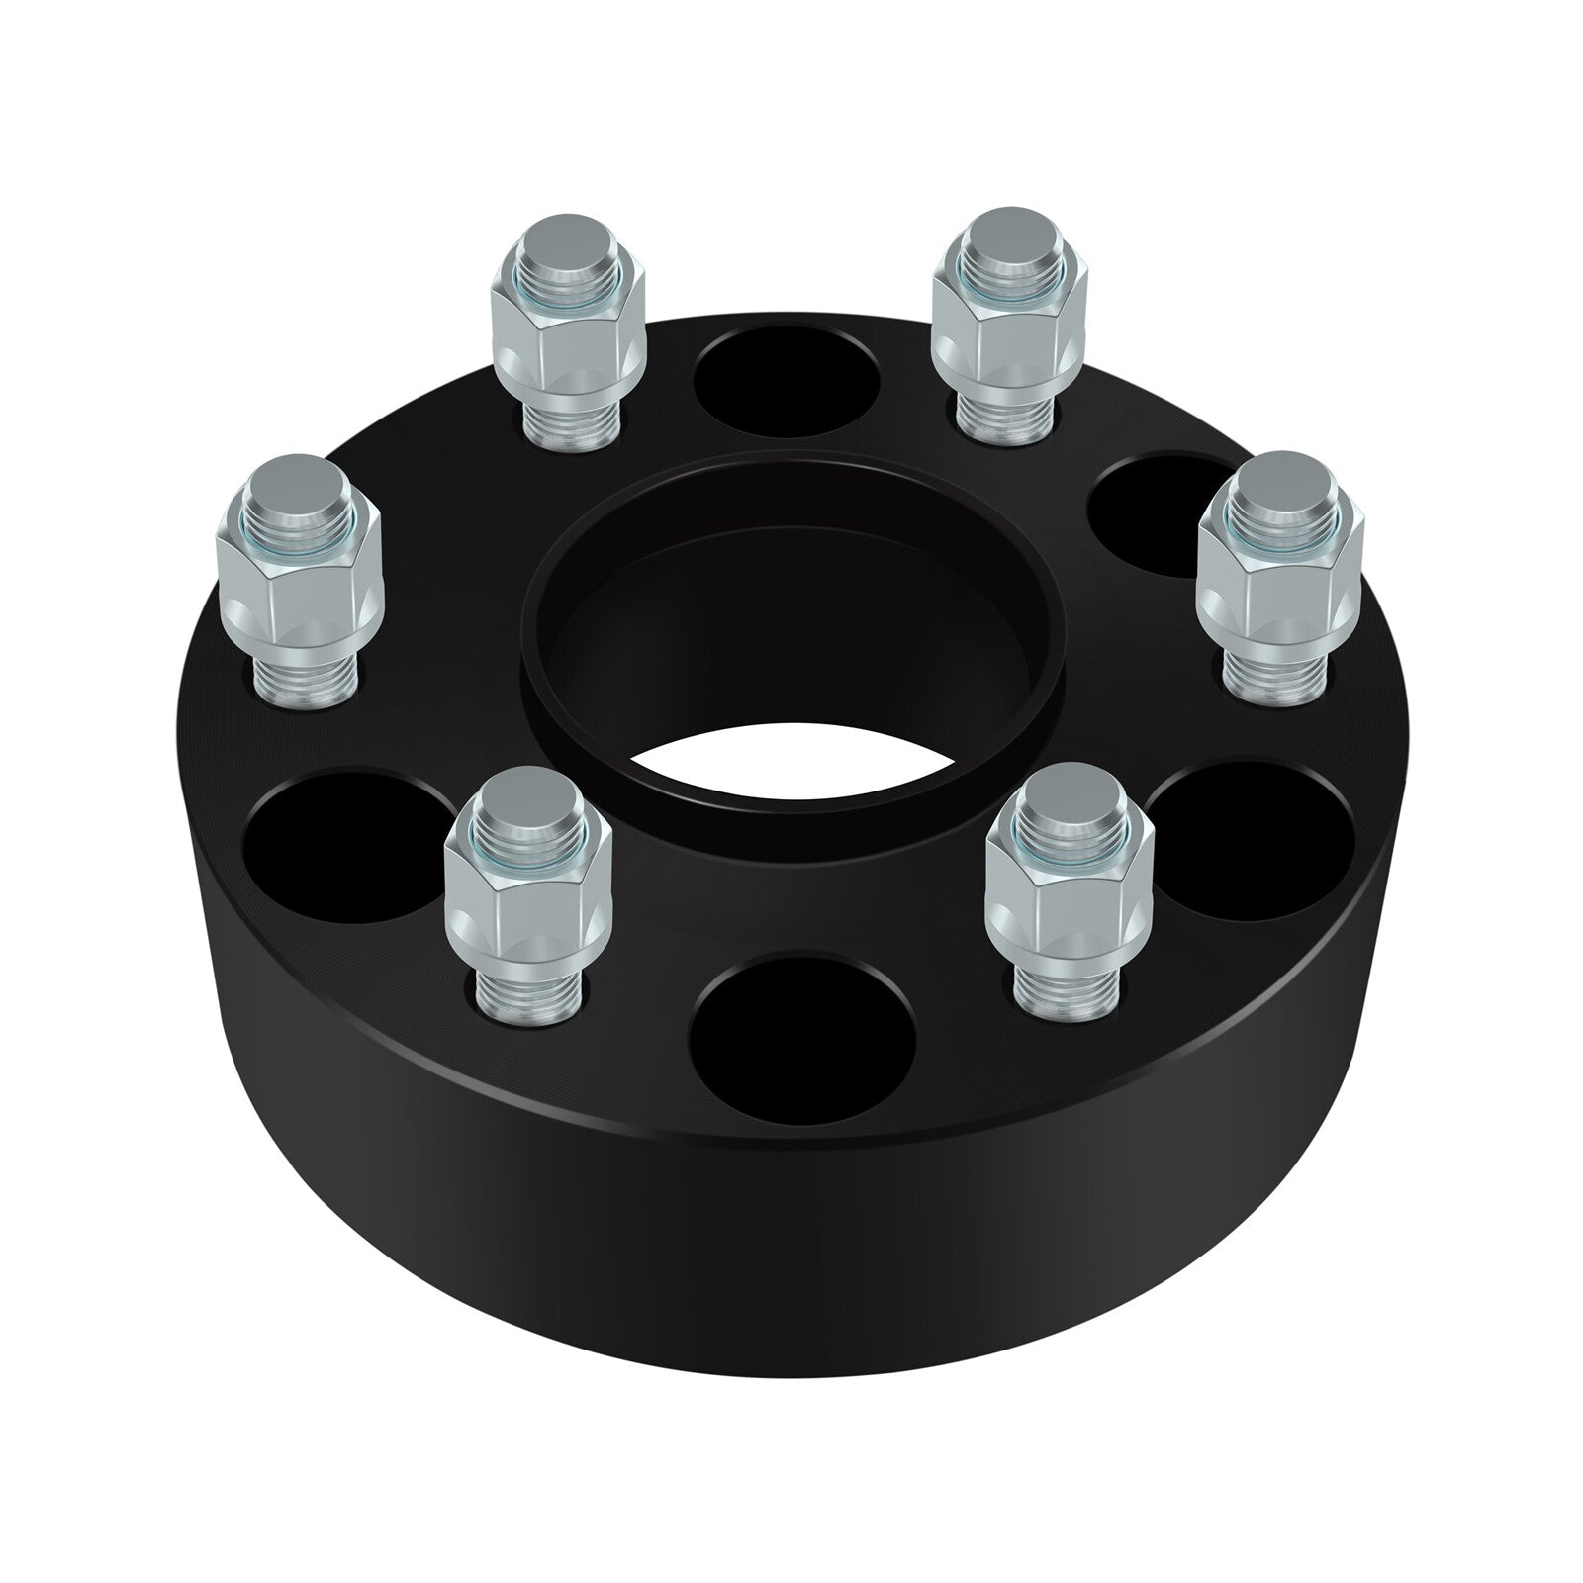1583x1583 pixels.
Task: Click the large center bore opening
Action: (791, 633)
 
